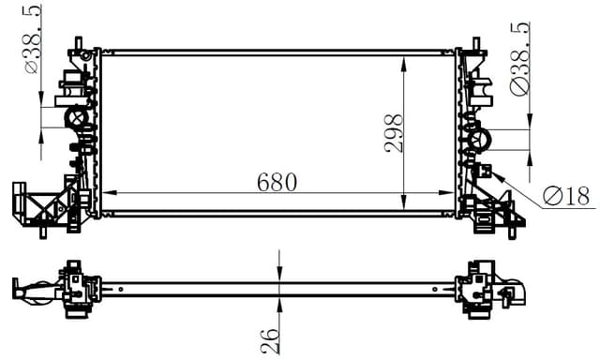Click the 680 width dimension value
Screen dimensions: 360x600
click(x=277, y=181)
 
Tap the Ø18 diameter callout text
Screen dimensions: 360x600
click(x=565, y=196)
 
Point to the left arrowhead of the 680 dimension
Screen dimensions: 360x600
click(x=105, y=193)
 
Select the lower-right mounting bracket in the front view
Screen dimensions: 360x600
click(x=497, y=214)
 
